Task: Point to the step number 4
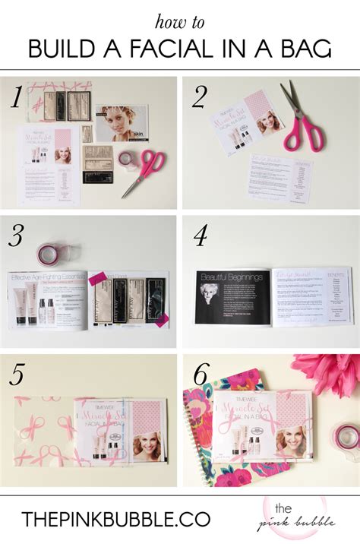(201, 238)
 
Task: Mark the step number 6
(201, 376)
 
